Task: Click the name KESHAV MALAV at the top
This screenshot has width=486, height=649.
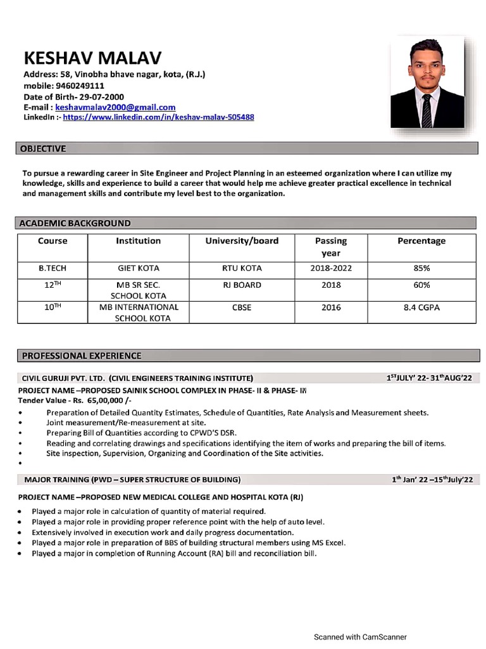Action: [x=92, y=58]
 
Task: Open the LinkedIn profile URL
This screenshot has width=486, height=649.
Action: [x=159, y=117]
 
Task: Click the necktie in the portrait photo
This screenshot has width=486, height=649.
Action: [x=426, y=112]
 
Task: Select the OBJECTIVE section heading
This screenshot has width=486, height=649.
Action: [x=42, y=149]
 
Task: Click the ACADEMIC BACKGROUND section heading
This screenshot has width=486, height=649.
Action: [x=75, y=223]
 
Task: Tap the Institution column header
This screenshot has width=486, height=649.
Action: [x=138, y=241]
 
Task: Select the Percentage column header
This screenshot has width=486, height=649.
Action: [x=421, y=241]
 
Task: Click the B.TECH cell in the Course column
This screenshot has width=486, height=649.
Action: [x=53, y=268]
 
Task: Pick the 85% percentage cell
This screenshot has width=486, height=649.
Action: [x=421, y=268]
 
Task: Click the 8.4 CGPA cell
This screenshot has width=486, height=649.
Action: [x=421, y=307]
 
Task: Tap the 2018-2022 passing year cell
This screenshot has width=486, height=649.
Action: [x=330, y=268]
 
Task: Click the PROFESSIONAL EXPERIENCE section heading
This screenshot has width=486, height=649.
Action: [x=80, y=356]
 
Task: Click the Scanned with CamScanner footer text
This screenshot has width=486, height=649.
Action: [x=361, y=637]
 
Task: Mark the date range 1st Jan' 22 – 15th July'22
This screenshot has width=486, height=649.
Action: [x=432, y=480]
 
